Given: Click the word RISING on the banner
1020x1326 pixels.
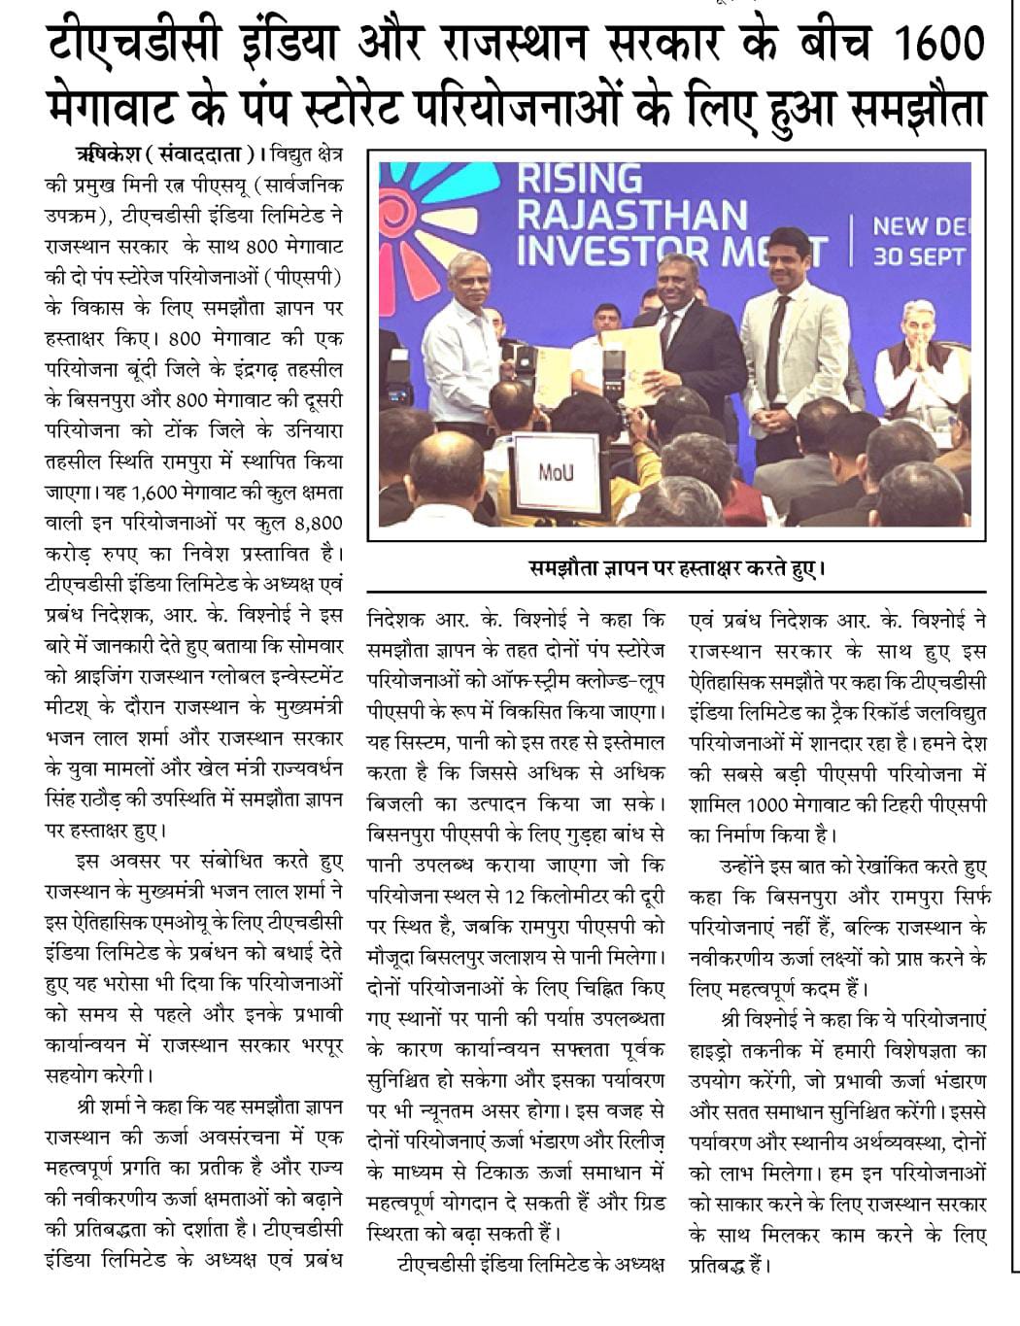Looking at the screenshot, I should coord(579,180).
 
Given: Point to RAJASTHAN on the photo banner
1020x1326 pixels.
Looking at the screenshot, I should coord(631,214).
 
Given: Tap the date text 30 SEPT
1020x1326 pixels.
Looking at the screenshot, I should coord(918,256).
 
